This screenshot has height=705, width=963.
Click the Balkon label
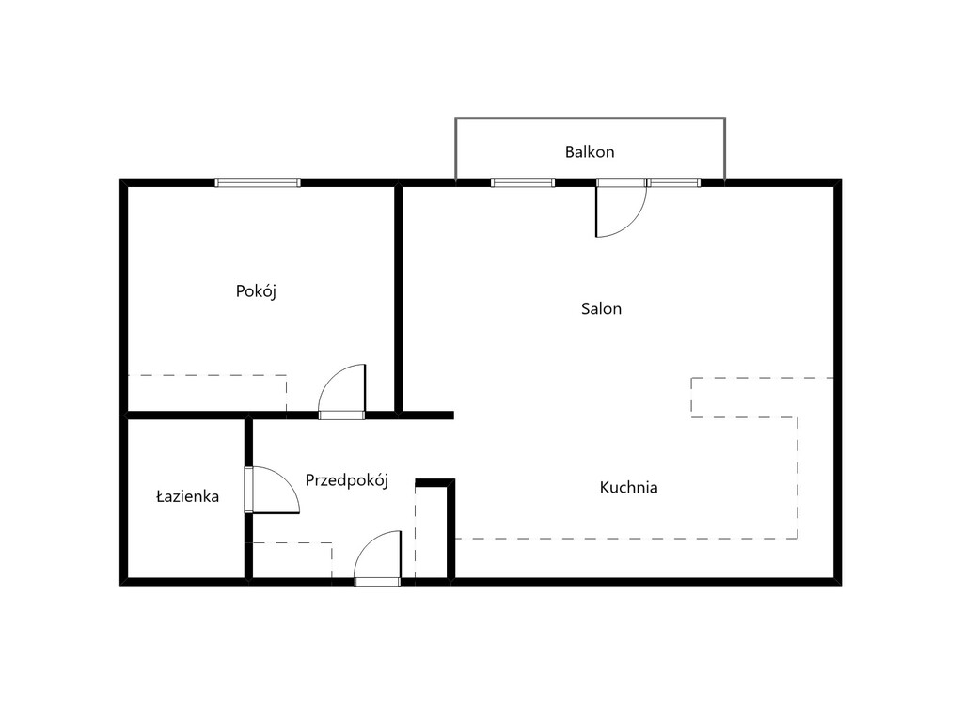click(x=590, y=152)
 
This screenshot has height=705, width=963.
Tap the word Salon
click(x=601, y=308)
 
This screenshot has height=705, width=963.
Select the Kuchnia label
click(x=628, y=488)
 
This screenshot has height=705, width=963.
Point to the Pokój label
click(x=256, y=291)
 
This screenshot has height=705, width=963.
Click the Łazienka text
click(x=187, y=496)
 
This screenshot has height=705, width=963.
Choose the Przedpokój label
click(x=347, y=480)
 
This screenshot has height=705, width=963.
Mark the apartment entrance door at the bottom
click(x=378, y=557)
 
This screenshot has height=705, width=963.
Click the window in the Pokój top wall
click(x=258, y=182)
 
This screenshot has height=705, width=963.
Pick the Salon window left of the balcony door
click(x=523, y=182)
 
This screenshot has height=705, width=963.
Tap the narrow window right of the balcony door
click(x=673, y=182)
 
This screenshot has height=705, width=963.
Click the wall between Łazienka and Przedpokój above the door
click(x=248, y=442)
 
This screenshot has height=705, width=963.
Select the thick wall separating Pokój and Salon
click(x=398, y=299)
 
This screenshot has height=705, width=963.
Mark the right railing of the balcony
click(x=725, y=149)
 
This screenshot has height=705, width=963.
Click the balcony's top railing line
click(x=591, y=117)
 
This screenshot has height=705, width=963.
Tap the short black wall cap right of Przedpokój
click(x=434, y=483)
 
